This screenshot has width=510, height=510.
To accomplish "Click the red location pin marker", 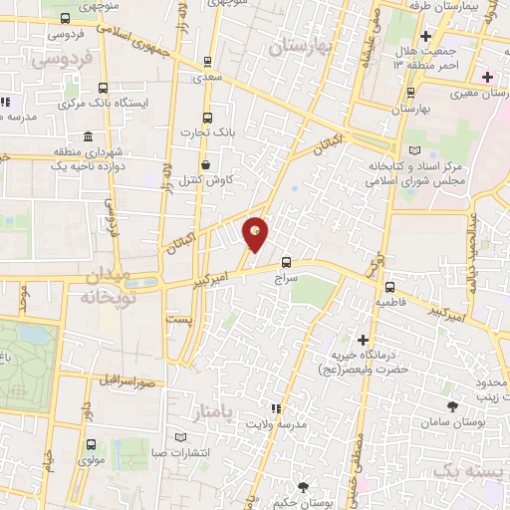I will coord(257,235).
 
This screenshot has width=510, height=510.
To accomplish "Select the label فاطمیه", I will coord(389,298).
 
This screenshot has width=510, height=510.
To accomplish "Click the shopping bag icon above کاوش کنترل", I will coord(205,165).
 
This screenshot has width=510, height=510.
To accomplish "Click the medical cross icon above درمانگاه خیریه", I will coord(363,340).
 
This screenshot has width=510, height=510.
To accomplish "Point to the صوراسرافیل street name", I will coord(127,381).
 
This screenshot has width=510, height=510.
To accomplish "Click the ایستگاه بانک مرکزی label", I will coord(110,103).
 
